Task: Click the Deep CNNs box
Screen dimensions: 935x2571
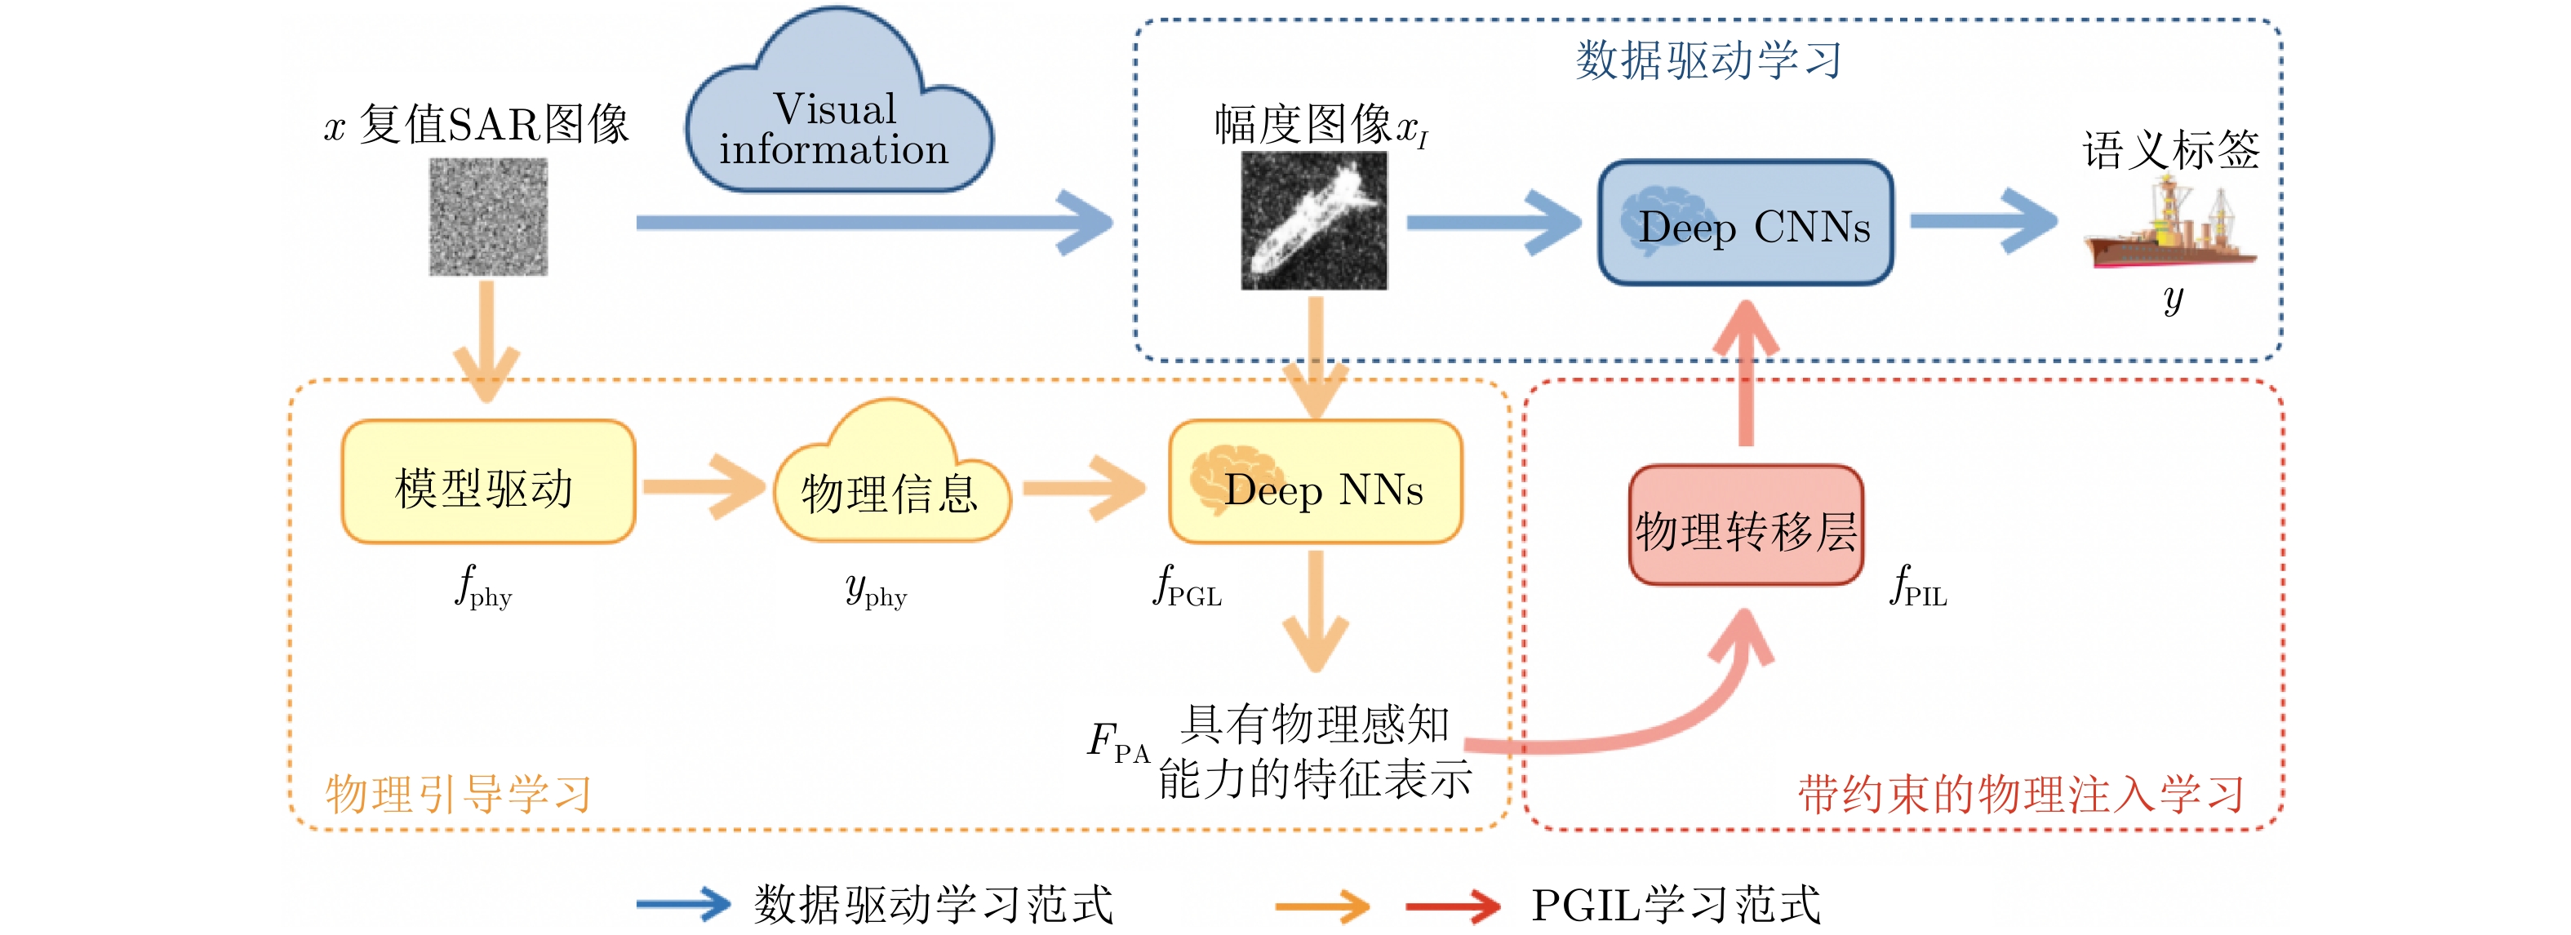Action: point(1745,224)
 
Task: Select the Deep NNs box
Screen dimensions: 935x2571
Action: point(1316,483)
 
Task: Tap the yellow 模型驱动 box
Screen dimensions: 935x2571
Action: point(488,483)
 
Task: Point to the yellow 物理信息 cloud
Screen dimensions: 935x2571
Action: point(890,483)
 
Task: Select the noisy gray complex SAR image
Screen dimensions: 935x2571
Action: point(488,216)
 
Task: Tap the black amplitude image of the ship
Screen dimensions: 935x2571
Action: point(1313,222)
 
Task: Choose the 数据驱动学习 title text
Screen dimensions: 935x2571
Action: point(1707,60)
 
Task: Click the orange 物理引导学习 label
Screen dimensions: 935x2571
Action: point(458,795)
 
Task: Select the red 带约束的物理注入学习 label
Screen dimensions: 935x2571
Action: point(2020,795)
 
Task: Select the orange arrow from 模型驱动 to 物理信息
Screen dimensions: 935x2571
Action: point(703,486)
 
